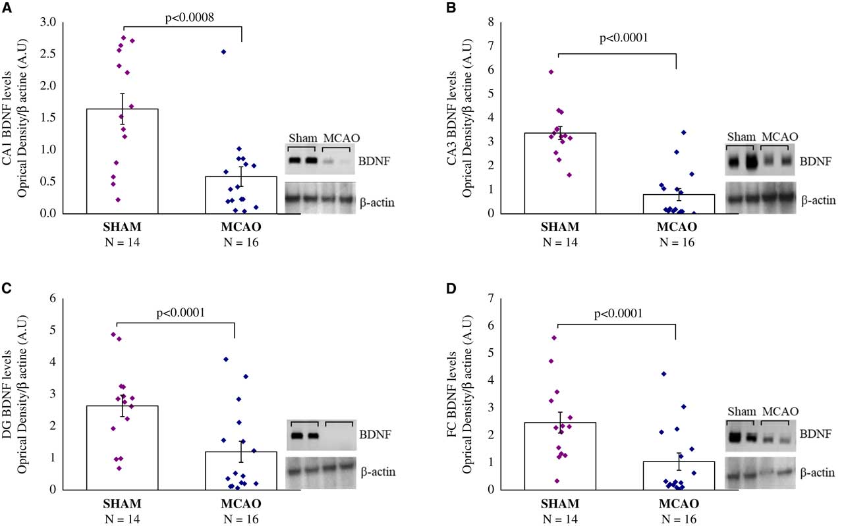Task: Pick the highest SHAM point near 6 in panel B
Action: tap(551, 72)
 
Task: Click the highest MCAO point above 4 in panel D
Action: tap(663, 373)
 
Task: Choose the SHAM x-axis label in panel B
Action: tap(559, 227)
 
